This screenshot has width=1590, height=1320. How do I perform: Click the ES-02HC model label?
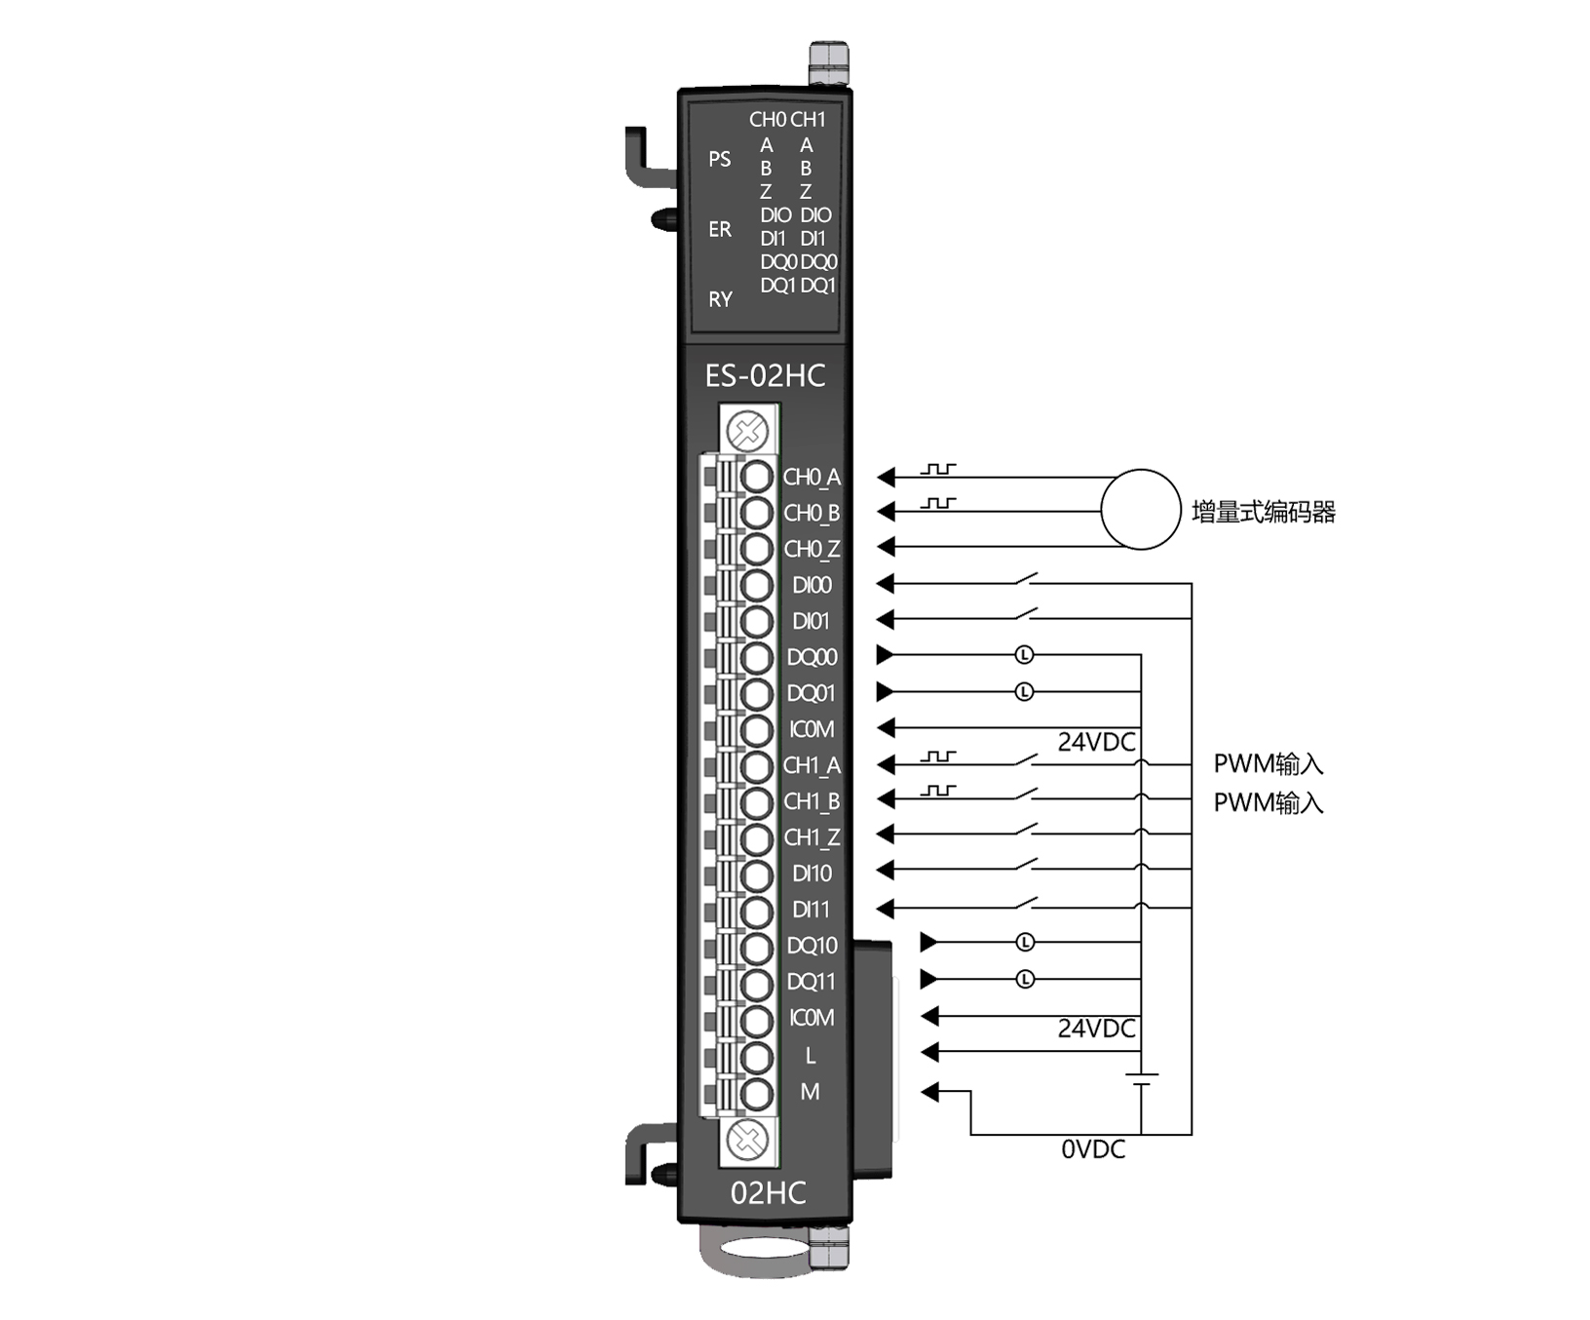point(765,376)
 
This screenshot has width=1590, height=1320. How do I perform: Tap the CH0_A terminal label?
point(812,478)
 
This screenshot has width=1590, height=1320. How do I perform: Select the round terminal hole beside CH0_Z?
point(756,549)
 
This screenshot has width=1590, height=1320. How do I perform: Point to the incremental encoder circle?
point(1141,509)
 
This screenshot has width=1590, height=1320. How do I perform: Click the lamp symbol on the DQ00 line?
point(1024,655)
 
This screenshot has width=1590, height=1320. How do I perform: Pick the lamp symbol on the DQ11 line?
point(1025,979)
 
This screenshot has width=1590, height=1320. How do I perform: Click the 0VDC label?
point(1093,1150)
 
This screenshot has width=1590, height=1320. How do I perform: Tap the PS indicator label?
point(720,159)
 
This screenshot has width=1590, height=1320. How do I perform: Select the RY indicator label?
point(720,299)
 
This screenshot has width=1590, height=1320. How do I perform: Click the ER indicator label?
point(720,229)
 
